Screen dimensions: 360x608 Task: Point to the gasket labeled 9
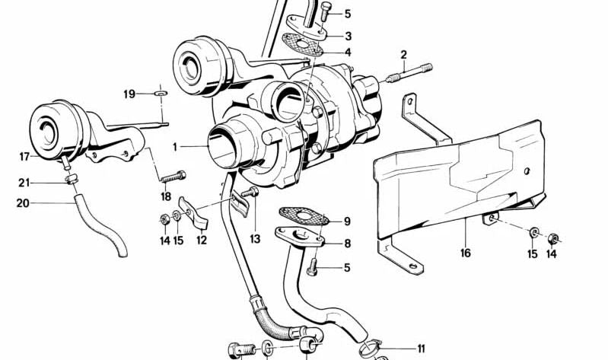click(x=303, y=217)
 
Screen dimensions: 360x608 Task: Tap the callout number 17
click(x=24, y=158)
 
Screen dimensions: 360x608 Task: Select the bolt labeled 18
click(x=173, y=177)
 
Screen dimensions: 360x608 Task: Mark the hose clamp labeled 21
click(x=71, y=180)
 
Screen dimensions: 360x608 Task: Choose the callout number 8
click(x=347, y=244)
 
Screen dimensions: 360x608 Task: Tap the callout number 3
click(x=348, y=36)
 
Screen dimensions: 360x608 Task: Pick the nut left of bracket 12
click(x=164, y=220)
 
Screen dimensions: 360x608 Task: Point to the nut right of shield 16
click(x=553, y=235)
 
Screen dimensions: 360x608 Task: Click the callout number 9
click(x=347, y=222)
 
